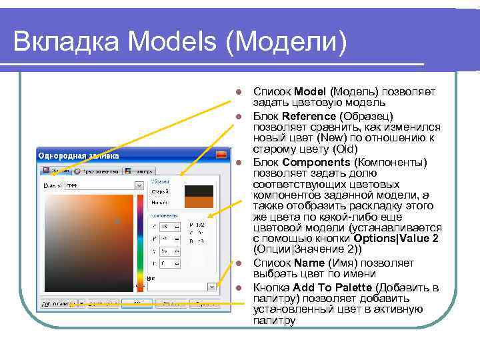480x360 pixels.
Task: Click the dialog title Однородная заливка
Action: pos(79,155)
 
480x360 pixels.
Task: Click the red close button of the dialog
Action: pos(214,155)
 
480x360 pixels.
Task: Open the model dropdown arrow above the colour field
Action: pos(139,186)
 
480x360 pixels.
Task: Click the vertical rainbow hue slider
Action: pos(140,240)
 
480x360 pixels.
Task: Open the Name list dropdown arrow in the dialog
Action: pos(211,287)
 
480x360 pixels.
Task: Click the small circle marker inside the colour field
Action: pos(117,220)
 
